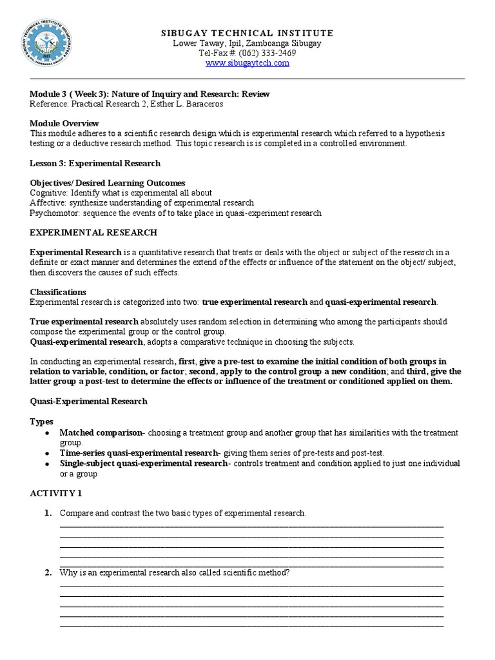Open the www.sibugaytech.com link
coord(247,63)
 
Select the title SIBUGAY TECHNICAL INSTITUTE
coord(247,33)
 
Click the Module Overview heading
coord(64,123)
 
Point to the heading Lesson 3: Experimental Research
coord(95,163)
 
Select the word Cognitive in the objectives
coord(48,193)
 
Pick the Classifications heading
coord(58,292)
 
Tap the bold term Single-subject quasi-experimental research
coord(143,463)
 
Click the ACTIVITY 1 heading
coord(56,493)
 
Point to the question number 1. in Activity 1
coord(48,513)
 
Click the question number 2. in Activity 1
coord(48,572)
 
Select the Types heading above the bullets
coord(42,421)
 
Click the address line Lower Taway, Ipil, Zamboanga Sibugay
coord(247,43)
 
